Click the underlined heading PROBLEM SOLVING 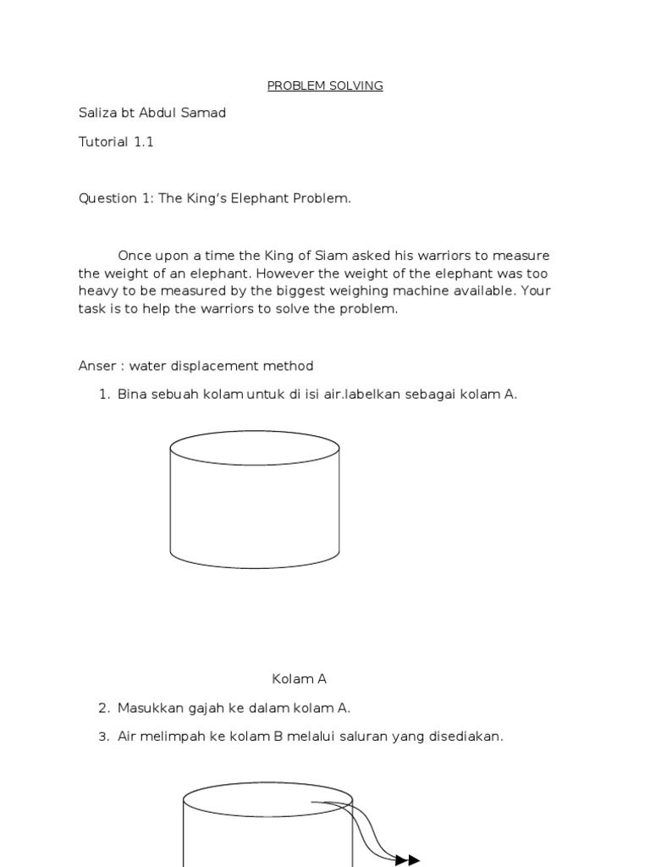coord(325,86)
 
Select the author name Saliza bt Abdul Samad coord(152,113)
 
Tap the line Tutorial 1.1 coord(116,141)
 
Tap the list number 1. coord(104,395)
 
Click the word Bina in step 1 coord(131,395)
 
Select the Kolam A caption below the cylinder coord(299,679)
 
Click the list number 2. coord(104,708)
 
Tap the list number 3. coord(104,737)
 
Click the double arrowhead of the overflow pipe coord(407,859)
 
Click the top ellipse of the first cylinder coord(255,447)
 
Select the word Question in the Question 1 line coord(107,198)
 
